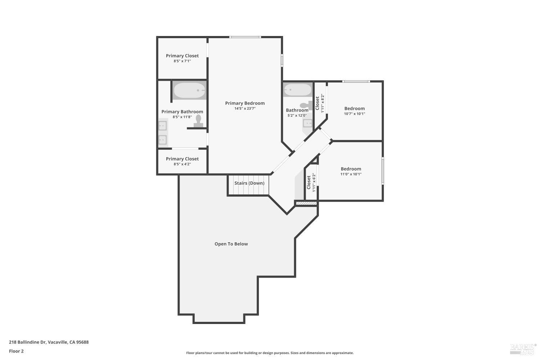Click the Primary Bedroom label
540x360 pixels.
245,103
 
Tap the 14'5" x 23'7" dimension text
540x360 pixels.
245,108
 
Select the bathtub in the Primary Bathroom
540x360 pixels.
189,90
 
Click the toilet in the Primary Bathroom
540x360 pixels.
198,121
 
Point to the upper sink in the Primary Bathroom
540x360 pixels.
163,126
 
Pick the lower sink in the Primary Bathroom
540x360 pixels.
163,139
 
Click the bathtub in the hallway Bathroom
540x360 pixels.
297,90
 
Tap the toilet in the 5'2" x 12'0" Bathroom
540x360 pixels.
306,105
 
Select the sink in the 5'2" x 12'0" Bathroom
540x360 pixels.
308,123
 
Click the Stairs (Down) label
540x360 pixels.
249,183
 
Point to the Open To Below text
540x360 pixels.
231,244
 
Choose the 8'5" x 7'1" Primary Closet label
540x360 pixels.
182,56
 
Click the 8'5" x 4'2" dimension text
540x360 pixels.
182,164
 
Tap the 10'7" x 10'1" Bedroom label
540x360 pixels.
355,108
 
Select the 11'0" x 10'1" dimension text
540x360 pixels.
351,174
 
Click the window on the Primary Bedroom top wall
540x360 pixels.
245,37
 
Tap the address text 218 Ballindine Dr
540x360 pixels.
49,342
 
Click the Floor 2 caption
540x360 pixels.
16,351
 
